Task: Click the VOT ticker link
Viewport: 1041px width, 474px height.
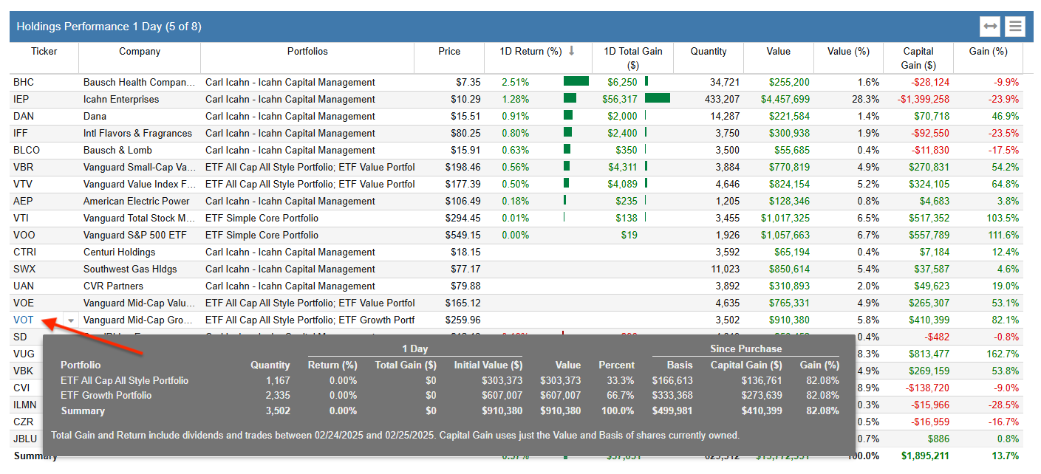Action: pos(24,320)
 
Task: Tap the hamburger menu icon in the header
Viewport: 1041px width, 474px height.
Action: pos(1015,27)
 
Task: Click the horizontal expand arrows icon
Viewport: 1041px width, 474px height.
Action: pos(990,27)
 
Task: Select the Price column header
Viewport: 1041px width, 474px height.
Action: pos(448,52)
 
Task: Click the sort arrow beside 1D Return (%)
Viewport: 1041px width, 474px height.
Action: pos(571,51)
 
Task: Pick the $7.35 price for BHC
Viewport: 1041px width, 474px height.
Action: pos(469,82)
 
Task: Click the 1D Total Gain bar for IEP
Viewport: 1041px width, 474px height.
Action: pos(657,98)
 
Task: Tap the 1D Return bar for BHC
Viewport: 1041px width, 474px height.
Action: pos(576,81)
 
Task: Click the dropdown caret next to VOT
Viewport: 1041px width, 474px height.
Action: pos(71,320)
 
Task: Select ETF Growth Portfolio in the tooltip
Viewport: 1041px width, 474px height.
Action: pos(106,395)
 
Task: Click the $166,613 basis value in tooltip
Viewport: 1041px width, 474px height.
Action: pos(672,380)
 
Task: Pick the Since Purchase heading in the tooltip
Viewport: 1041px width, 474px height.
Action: pos(745,348)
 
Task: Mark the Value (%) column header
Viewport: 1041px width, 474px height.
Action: pos(848,52)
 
